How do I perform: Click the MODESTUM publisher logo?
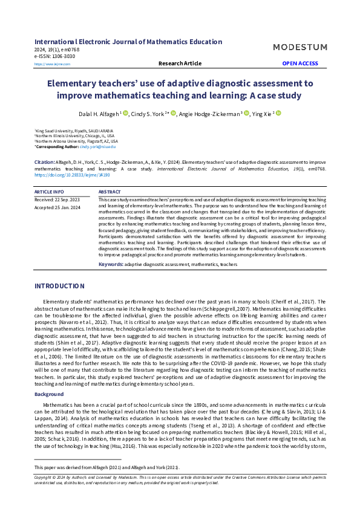tap(299, 47)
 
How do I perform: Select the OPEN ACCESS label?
tap(299, 63)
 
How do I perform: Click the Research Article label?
tap(180, 63)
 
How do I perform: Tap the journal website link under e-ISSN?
tap(48, 63)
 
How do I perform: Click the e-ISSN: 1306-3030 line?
tap(55, 56)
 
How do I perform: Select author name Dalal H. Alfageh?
tap(99, 113)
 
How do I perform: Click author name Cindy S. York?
tap(147, 113)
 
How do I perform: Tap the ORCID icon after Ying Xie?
tap(279, 113)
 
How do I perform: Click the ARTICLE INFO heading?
tap(49, 192)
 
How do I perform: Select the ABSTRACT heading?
tap(110, 192)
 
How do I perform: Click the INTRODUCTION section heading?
tap(59, 286)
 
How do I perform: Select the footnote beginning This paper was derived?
tap(106, 468)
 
